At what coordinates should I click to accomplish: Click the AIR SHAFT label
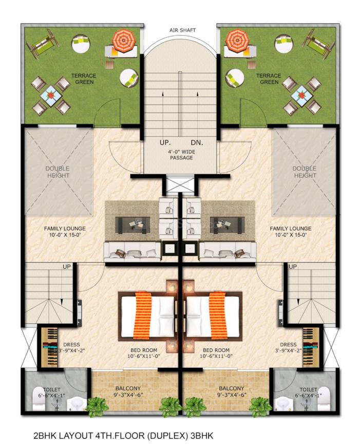pos(180,30)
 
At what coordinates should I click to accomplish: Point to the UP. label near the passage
pos(166,141)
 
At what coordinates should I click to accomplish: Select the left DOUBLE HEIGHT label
pos(57,172)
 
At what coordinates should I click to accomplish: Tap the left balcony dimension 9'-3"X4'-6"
pos(128,395)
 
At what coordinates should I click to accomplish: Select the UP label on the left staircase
pos(67,267)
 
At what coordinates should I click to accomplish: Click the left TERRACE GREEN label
pos(84,79)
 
